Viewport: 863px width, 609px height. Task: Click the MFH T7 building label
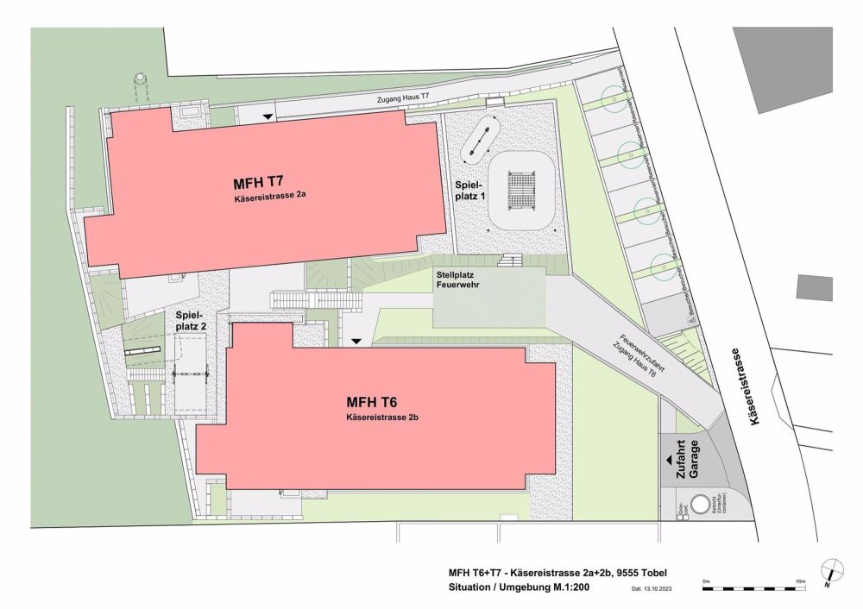[259, 183]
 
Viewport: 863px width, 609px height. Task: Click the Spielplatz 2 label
[191, 321]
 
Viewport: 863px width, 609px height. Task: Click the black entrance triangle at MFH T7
[268, 116]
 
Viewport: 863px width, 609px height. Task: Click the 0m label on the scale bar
[706, 581]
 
